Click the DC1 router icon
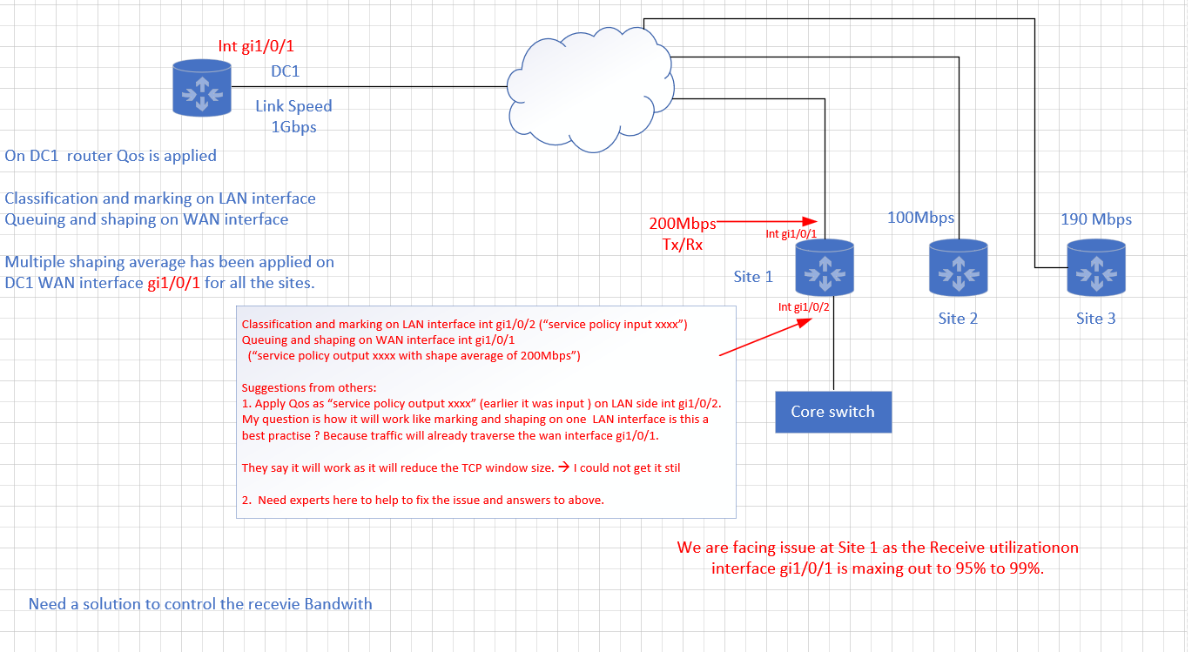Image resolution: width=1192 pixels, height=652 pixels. [x=202, y=88]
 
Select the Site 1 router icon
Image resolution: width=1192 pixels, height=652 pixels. [x=825, y=267]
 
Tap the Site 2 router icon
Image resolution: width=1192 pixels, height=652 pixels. [x=959, y=267]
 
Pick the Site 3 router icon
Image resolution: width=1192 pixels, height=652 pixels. [x=1096, y=267]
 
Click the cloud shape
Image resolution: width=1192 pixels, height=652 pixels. [x=590, y=90]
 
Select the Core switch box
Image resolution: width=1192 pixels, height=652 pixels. [x=833, y=412]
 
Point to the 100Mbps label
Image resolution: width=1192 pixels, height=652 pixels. [x=920, y=218]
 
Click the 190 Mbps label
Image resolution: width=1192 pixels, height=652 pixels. [x=1096, y=219]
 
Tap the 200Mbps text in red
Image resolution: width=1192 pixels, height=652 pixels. [x=683, y=224]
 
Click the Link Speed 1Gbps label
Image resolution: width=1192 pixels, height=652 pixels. [x=293, y=117]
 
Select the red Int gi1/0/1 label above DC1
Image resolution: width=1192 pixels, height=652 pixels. [x=256, y=46]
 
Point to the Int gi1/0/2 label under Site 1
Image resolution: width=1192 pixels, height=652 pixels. [x=804, y=307]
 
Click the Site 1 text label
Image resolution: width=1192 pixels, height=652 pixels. [x=753, y=277]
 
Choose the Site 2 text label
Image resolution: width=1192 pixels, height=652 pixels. [x=958, y=319]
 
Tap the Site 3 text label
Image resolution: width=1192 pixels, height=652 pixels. [x=1095, y=319]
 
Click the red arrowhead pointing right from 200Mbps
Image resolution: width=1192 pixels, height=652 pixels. [x=810, y=221]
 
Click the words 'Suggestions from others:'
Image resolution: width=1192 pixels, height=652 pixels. [x=308, y=387]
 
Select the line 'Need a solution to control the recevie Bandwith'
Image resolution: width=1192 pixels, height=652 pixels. [x=200, y=604]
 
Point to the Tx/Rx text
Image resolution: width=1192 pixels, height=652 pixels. [x=683, y=245]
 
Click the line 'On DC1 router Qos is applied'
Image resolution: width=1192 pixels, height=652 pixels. [x=111, y=156]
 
